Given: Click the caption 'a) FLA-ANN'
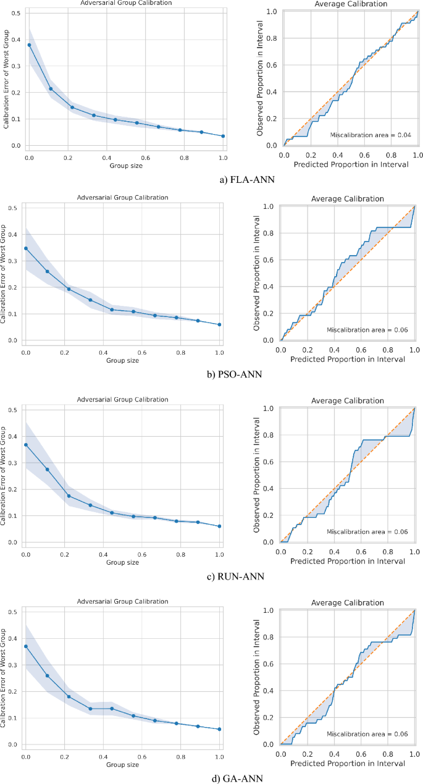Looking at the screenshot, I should pos(212,180).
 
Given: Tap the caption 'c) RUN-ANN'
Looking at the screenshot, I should pos(212,577).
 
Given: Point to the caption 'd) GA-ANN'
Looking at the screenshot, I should pos(212,777).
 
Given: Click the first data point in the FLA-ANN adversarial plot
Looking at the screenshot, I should pos(29,45).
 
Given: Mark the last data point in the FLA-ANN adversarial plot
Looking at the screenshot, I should pos(223,136).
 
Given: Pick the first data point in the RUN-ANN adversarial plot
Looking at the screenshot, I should pos(25,445).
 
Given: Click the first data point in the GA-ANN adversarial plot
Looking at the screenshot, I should pos(25,646).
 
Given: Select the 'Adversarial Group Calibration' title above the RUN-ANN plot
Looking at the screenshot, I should pos(122,400).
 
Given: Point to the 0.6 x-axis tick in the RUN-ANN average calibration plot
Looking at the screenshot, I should pos(361,552).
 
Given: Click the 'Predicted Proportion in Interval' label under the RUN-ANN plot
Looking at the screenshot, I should pos(348,561).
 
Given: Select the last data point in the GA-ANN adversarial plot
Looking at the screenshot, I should pos(219,729).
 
